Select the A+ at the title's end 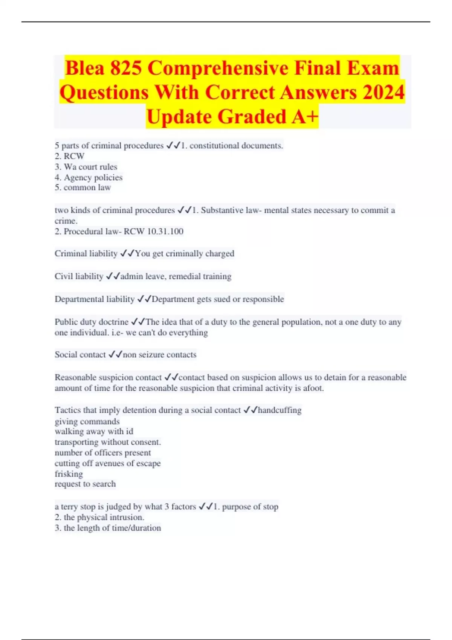tap(305, 116)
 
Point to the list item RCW tap(74, 156)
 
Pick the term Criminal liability tap(86, 253)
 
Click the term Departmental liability tap(95, 299)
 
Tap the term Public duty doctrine tap(92, 322)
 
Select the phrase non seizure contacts tap(160, 355)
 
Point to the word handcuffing tap(279, 410)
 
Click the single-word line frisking tap(69, 474)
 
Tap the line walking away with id tap(94, 431)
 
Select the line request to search tap(85, 484)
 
